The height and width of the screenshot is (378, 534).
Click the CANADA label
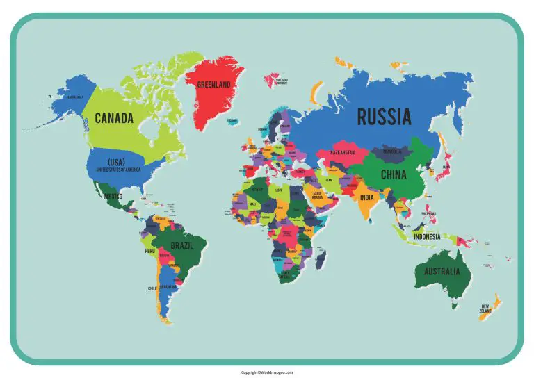click(114, 118)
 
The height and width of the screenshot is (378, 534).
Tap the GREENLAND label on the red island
click(214, 85)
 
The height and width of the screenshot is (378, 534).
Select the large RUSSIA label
click(384, 117)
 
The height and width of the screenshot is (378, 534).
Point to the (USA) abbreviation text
click(116, 162)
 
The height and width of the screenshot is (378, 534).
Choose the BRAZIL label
click(183, 246)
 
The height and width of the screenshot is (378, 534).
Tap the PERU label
click(150, 251)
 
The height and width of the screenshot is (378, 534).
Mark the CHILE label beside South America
click(152, 288)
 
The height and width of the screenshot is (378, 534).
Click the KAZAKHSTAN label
click(342, 152)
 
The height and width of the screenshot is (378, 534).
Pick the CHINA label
click(393, 174)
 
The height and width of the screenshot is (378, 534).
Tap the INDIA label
click(366, 197)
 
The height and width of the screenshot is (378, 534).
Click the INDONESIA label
click(426, 236)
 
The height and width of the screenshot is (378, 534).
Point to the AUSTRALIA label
click(442, 272)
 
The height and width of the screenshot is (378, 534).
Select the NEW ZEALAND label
click(485, 308)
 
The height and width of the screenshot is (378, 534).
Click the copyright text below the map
click(267, 372)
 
